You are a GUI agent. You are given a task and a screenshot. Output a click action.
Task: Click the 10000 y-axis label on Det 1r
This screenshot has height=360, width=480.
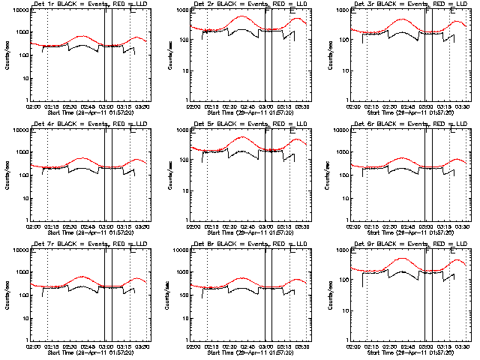pyautogui.click(x=21, y=11)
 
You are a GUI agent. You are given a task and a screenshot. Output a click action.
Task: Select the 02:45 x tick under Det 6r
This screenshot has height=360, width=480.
pyautogui.click(x=408, y=226)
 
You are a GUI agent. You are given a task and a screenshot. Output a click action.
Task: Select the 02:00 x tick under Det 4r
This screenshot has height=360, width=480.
pyautogui.click(x=32, y=226)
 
